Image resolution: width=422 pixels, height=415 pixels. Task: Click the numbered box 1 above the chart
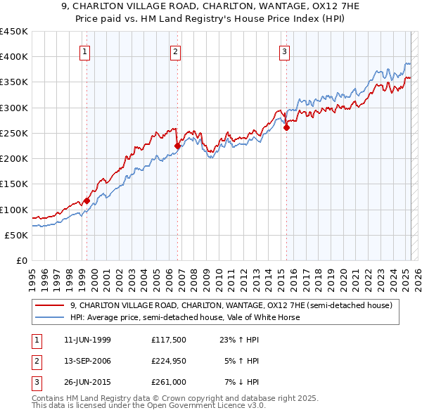point(84,51)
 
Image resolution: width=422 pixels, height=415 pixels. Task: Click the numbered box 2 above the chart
point(175,51)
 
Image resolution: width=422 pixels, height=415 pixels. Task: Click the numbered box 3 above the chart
point(284,51)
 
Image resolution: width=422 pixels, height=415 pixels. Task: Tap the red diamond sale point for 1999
point(87,200)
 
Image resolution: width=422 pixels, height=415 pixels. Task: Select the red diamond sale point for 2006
point(177,146)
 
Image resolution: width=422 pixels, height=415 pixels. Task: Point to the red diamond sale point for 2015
point(287,127)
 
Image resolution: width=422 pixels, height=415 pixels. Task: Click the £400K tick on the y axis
point(15,57)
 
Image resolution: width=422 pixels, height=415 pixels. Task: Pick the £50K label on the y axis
point(18,235)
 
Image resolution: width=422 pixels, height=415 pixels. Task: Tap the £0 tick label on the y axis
point(22,261)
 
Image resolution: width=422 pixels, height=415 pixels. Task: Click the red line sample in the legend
point(49,305)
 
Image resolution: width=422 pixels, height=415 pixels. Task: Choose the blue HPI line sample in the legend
point(49,317)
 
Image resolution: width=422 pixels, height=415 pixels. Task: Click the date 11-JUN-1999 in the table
point(87,340)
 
